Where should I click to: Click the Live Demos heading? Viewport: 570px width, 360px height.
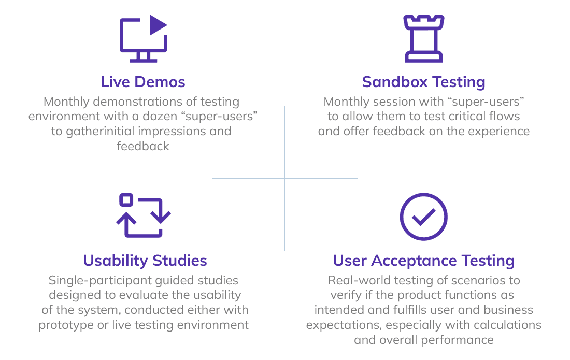[x=142, y=82]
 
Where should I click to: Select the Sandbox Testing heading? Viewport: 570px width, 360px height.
[x=423, y=82]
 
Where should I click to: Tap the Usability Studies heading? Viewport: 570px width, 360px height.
[x=145, y=261]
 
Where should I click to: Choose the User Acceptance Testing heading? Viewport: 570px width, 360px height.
[x=423, y=261]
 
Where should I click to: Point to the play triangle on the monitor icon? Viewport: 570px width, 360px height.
[x=158, y=25]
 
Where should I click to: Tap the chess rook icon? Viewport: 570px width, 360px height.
[x=423, y=38]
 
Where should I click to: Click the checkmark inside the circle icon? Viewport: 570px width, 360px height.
[x=423, y=218]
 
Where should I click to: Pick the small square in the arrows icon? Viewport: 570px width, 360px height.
[x=126, y=200]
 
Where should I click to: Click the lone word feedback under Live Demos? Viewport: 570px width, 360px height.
[x=143, y=146]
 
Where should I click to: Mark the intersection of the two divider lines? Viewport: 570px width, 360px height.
[x=284, y=179]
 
